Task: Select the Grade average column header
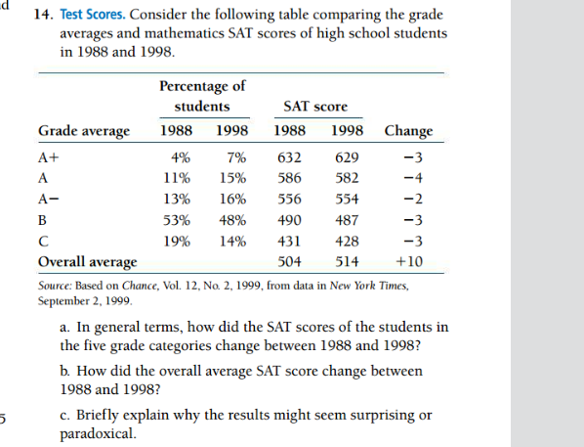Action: [84, 131]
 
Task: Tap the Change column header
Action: [408, 131]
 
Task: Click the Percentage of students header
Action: [202, 96]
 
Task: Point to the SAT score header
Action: [314, 106]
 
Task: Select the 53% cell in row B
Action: [178, 219]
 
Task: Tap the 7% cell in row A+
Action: [234, 157]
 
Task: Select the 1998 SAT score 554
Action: [347, 199]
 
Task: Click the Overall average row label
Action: [87, 261]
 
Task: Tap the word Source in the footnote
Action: [57, 285]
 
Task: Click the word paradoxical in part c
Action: [98, 433]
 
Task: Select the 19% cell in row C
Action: [178, 241]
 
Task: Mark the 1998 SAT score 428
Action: [347, 241]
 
